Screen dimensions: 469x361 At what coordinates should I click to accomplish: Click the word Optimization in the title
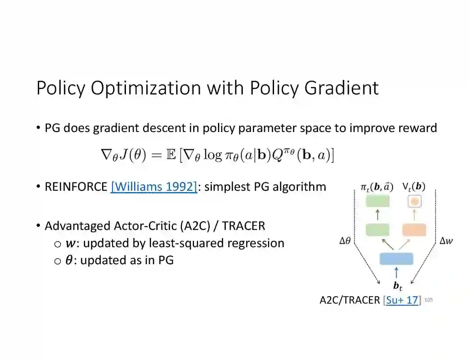point(146,88)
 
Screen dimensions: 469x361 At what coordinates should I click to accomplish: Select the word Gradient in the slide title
point(342,88)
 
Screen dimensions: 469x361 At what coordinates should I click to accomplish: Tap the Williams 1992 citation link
point(154,187)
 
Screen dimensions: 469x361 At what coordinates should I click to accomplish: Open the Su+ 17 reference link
point(402,300)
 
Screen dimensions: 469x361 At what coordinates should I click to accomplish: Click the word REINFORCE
point(76,187)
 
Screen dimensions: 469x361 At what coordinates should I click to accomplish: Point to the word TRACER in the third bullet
point(244,226)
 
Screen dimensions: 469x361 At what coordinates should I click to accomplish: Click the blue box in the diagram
point(396,259)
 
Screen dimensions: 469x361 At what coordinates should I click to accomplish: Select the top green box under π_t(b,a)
point(377,201)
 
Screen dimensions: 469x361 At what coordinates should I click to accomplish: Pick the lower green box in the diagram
point(377,230)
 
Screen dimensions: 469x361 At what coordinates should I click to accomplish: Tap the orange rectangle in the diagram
point(414,230)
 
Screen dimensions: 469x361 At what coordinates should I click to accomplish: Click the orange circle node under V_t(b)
point(415,202)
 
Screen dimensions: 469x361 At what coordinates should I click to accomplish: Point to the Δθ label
point(345,240)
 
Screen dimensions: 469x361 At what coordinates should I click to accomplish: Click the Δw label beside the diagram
point(446,240)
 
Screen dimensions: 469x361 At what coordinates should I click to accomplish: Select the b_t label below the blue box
point(397,286)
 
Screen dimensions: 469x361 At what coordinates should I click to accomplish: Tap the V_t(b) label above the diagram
point(414,187)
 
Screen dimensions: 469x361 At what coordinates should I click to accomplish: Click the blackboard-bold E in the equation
point(171,155)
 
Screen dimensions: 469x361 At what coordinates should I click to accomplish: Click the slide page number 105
point(429,300)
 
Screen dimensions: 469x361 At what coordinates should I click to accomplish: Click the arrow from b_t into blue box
point(396,272)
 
